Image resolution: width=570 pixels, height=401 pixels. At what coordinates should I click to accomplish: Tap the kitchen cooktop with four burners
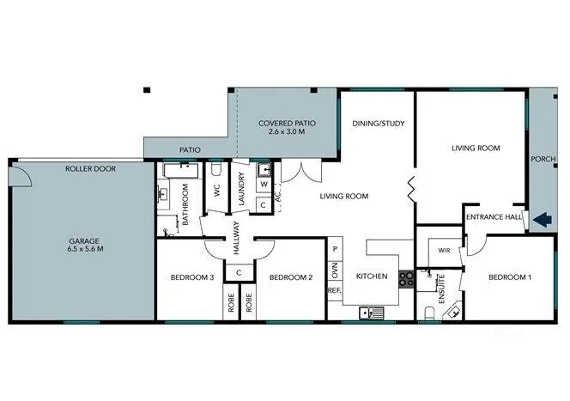click(406, 277)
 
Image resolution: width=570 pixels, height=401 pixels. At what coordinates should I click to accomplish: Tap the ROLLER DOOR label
click(90, 169)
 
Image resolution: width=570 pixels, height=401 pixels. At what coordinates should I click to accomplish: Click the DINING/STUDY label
click(378, 123)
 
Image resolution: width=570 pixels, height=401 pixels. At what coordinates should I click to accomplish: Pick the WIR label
click(443, 252)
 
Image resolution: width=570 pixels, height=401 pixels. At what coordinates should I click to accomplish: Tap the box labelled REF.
click(335, 290)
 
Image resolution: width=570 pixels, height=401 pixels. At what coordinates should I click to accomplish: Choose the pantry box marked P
click(335, 249)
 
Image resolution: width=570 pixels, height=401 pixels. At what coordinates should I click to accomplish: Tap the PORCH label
click(543, 158)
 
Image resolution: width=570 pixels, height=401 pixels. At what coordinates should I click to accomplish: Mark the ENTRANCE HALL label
click(494, 218)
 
